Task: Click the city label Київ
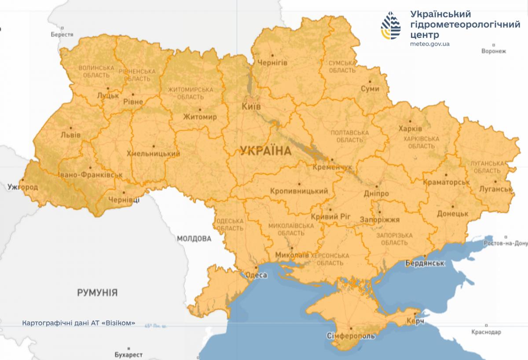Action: pyautogui.click(x=251, y=107)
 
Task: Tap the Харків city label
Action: pyautogui.click(x=410, y=129)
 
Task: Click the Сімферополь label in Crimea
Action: pyautogui.click(x=351, y=336)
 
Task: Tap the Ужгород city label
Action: pyautogui.click(x=22, y=187)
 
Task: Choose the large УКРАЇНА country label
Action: pyautogui.click(x=266, y=151)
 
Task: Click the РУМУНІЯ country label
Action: pyautogui.click(x=97, y=292)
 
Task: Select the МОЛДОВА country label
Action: pyautogui.click(x=194, y=239)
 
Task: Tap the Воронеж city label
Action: pyautogui.click(x=494, y=51)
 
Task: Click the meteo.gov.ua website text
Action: pyautogui.click(x=429, y=44)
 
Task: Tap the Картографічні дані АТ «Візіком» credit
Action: pyautogui.click(x=78, y=323)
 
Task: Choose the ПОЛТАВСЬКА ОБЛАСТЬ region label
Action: pyautogui.click(x=349, y=136)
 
